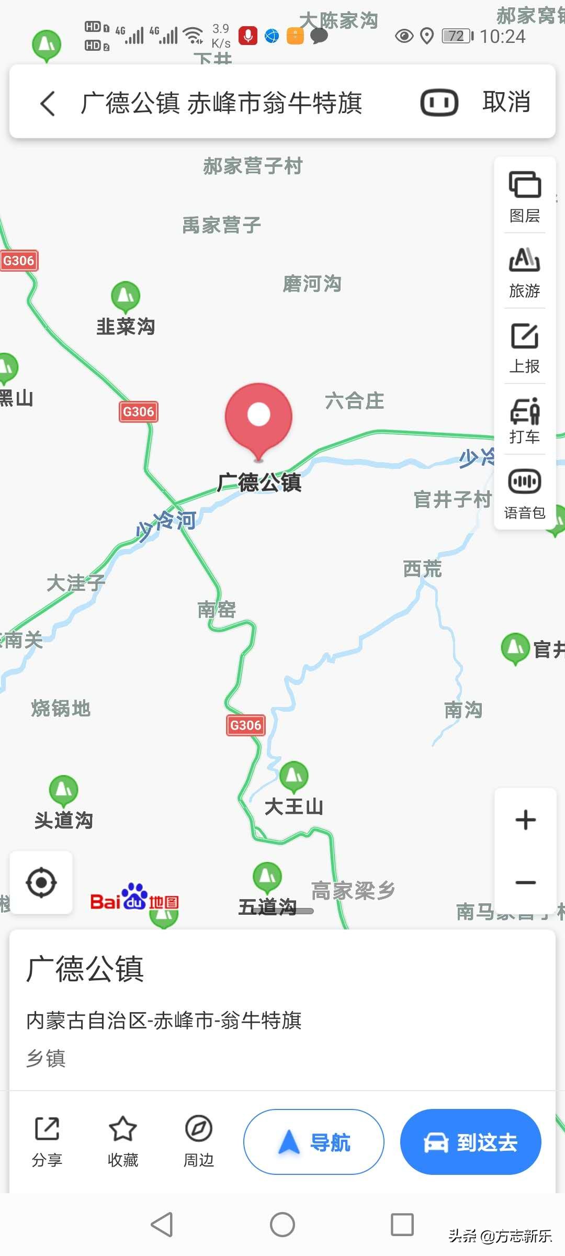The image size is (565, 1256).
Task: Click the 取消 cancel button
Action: [x=506, y=102]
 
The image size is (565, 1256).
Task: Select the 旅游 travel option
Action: [x=525, y=260]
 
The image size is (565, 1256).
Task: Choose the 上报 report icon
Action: [x=525, y=336]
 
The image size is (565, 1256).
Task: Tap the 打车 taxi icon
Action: [x=525, y=411]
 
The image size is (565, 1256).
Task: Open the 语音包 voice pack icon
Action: [x=525, y=481]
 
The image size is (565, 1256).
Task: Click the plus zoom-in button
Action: [x=525, y=820]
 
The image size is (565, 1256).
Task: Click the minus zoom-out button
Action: [x=525, y=882]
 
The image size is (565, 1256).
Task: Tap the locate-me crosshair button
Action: [x=41, y=882]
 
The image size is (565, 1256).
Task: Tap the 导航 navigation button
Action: [x=314, y=1142]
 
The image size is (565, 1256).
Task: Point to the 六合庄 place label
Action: [x=355, y=401]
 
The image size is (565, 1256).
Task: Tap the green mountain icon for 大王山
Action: [x=294, y=776]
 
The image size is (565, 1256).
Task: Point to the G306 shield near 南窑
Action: [x=245, y=725]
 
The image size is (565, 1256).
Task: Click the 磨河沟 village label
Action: [x=312, y=284]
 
